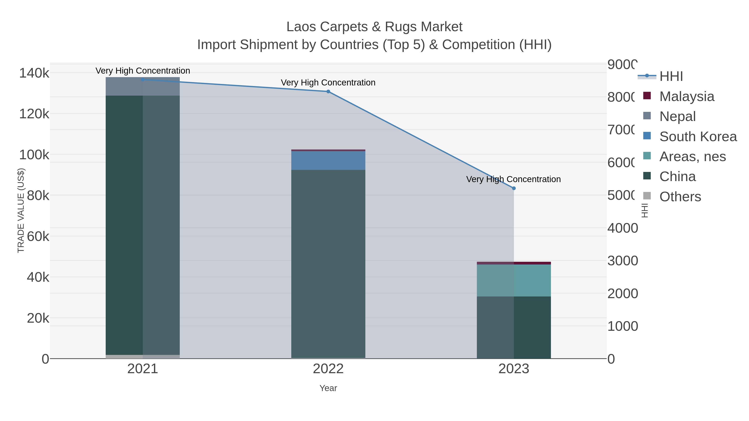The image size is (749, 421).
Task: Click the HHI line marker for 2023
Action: [x=513, y=188]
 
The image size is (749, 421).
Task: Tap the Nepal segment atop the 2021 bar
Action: [x=143, y=86]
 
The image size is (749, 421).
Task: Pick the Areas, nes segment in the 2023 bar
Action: [x=513, y=280]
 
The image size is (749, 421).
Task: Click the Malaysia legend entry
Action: [x=686, y=96]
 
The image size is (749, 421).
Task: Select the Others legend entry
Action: [x=680, y=197]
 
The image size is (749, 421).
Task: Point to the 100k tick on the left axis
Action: [x=34, y=155]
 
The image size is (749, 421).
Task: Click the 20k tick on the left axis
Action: [x=38, y=319]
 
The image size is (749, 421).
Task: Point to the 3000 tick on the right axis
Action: [x=623, y=261]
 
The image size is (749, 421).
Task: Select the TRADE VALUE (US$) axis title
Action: [x=21, y=210]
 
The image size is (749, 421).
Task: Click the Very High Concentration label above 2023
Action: [x=513, y=179]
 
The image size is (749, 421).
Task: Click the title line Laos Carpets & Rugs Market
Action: [x=374, y=27]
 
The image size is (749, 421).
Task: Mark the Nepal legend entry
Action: [x=677, y=116]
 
